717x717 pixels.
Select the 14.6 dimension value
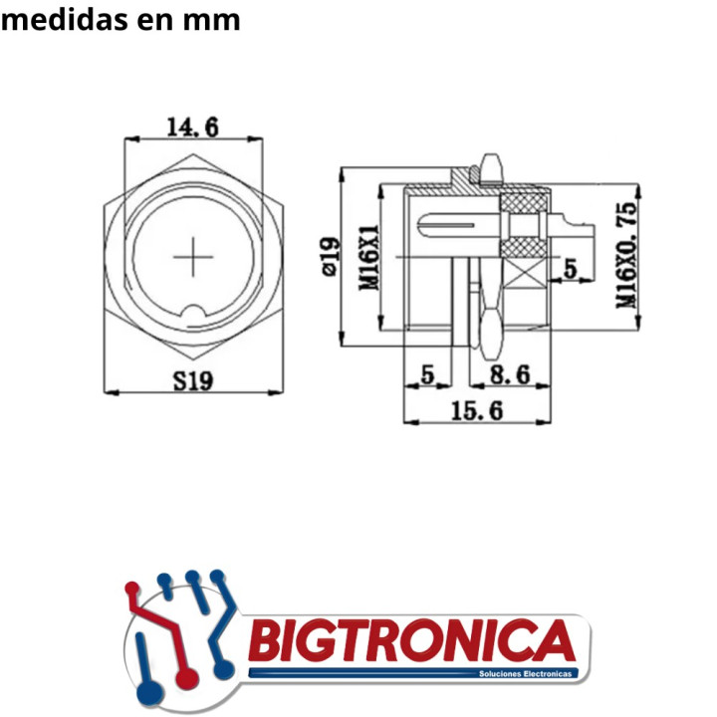[192, 127]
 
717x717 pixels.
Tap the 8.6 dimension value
[509, 375]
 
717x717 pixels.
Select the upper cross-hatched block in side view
[523, 205]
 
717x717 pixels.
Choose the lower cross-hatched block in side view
[523, 246]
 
